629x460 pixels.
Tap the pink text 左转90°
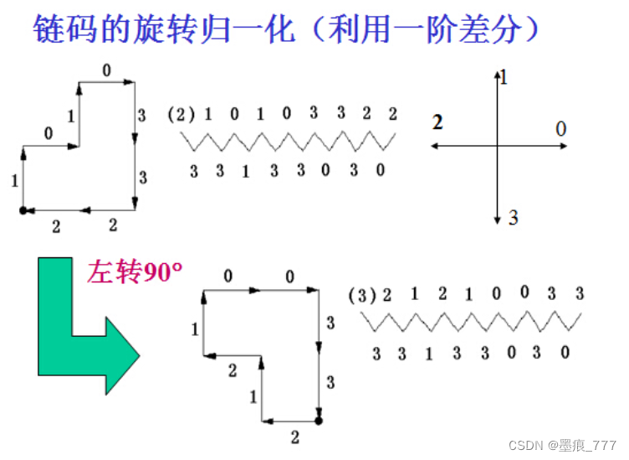[x=135, y=272]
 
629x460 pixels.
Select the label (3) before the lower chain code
[x=360, y=296]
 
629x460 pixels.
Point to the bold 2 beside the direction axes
[x=437, y=122]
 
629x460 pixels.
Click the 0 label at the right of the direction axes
[x=560, y=128]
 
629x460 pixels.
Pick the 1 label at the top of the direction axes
[x=504, y=79]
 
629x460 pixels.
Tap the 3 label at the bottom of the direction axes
[x=513, y=219]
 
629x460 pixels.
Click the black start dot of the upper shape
[x=23, y=210]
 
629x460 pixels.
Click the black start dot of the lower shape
[x=318, y=419]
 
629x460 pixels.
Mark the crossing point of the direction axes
[x=497, y=146]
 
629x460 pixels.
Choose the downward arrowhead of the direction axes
[x=497, y=219]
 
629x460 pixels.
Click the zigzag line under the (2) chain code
[x=289, y=142]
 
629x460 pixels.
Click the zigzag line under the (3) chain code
[x=471, y=322]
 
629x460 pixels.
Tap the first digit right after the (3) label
[x=386, y=295]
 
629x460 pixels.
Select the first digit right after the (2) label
[x=208, y=114]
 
